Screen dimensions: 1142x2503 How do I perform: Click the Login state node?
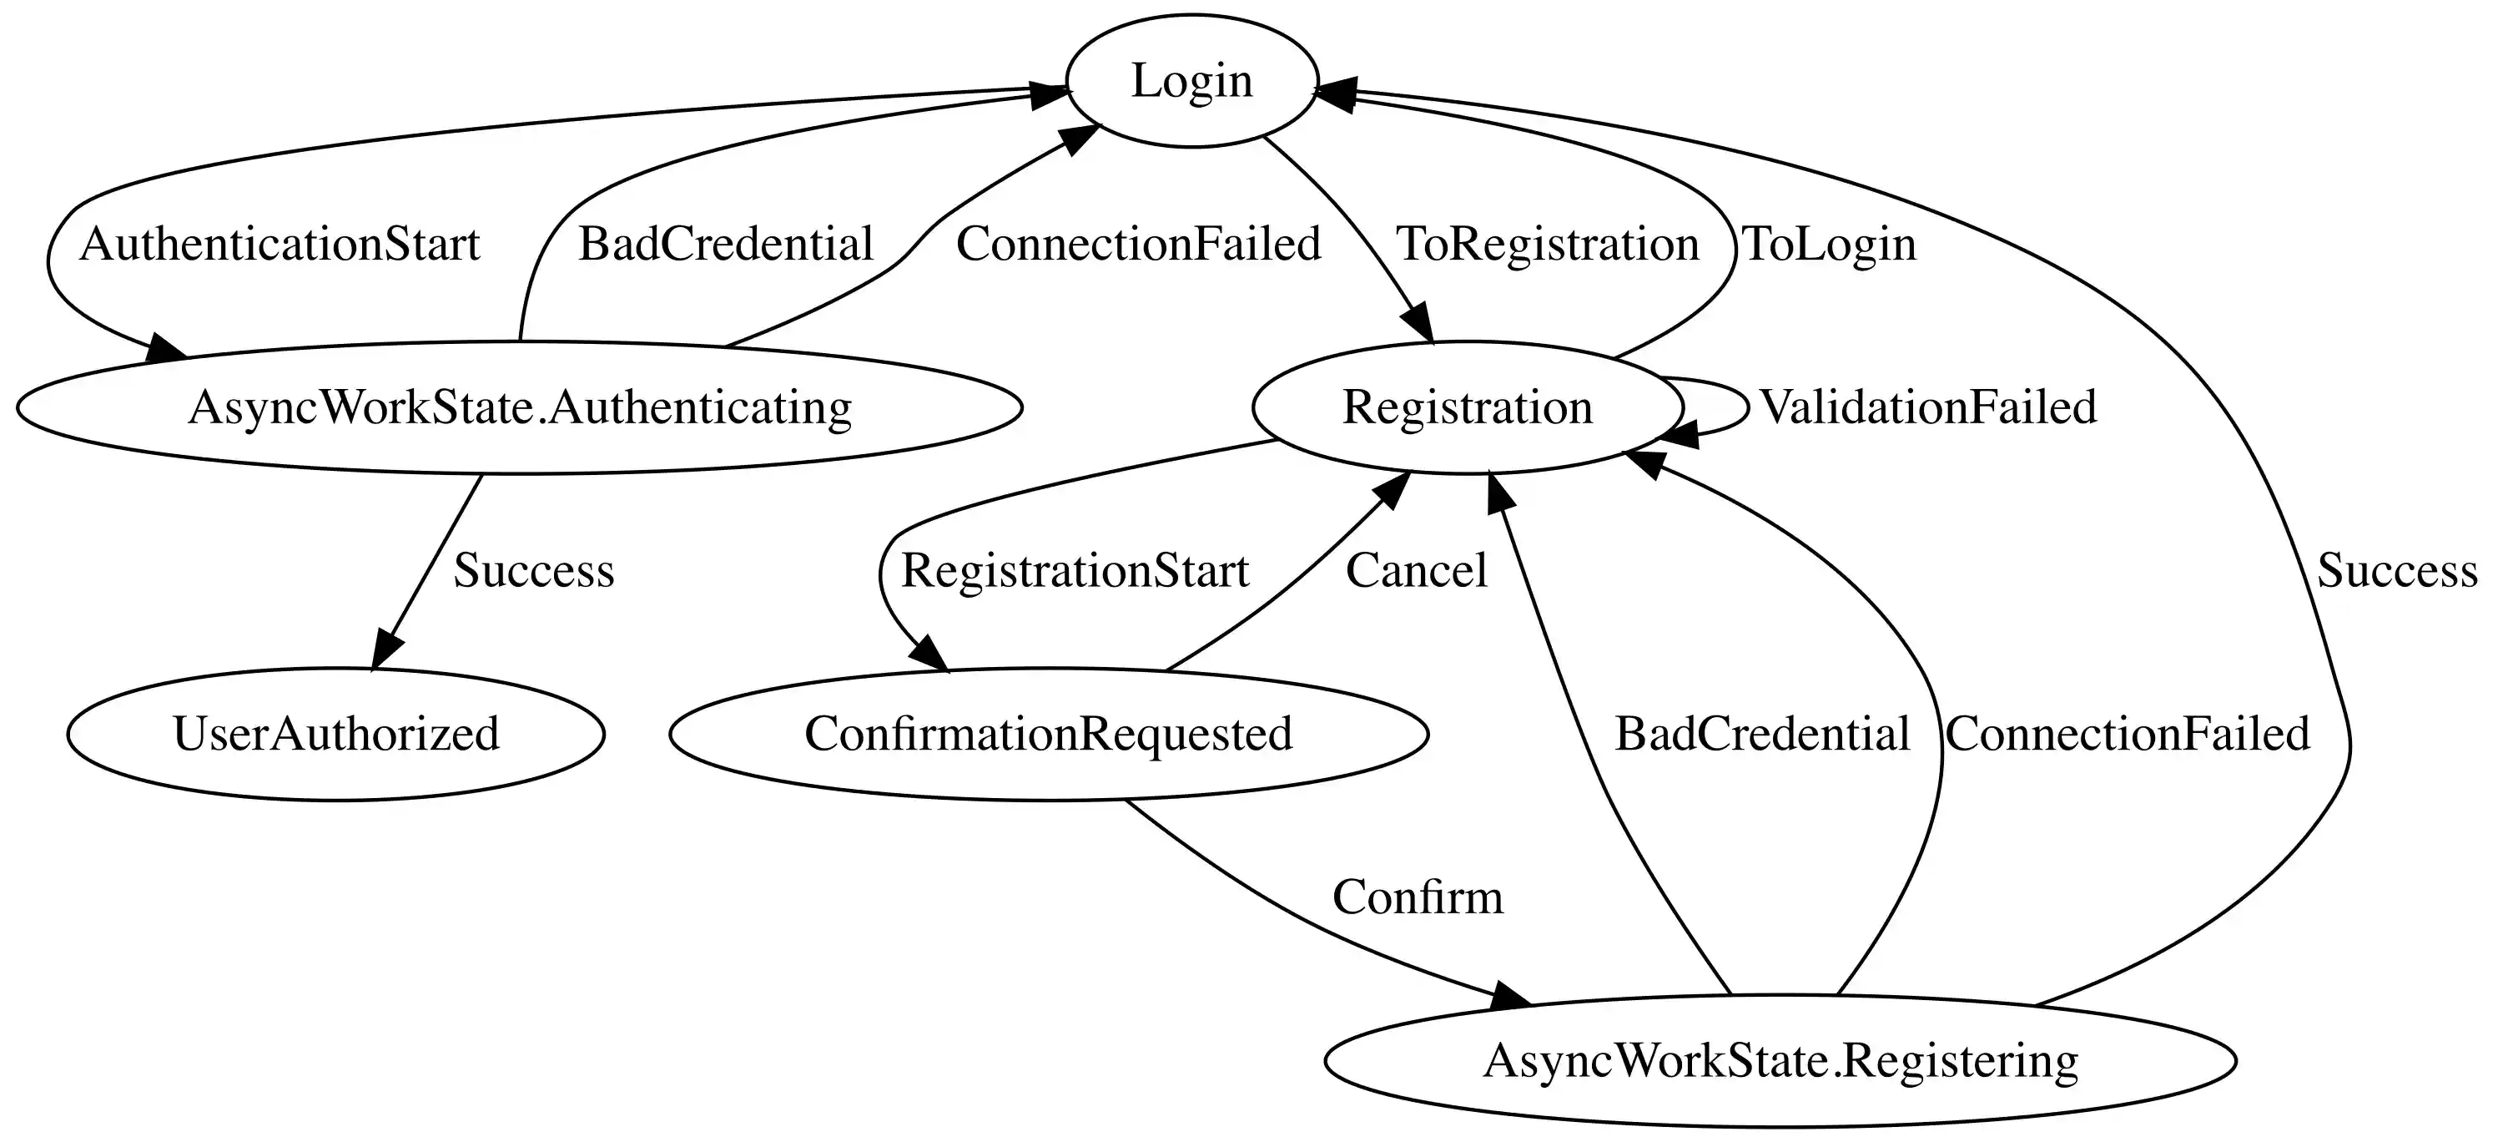coord(1191,81)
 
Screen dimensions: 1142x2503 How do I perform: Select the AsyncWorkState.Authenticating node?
coord(519,407)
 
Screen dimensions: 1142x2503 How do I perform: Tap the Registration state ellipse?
coord(1468,407)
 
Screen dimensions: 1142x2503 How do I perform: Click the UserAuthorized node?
coord(336,734)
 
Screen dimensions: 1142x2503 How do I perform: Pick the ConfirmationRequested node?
coord(1049,734)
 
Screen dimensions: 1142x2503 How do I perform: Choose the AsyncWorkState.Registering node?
coord(1780,1060)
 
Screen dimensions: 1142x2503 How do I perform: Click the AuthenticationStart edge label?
coord(280,244)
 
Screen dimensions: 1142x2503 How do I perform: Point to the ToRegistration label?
coord(1547,244)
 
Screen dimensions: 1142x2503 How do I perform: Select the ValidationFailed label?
coord(1928,407)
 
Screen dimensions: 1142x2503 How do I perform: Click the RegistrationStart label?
coord(1075,570)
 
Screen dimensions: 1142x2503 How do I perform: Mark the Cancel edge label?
coord(1416,570)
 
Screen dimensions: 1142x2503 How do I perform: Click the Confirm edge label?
coord(1417,897)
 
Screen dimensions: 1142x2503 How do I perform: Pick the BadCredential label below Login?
coord(726,244)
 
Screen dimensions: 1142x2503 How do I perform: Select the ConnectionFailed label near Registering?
coord(2127,734)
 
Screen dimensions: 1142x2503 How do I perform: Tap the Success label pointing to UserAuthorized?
coord(533,570)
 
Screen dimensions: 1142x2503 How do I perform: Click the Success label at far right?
coord(2396,570)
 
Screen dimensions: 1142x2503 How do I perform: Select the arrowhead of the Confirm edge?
coord(1509,998)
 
